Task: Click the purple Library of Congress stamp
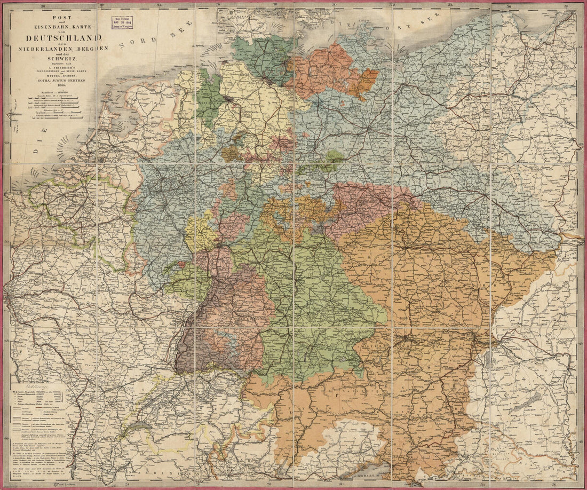[123, 22]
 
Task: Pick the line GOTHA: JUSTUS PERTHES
[64, 81]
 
